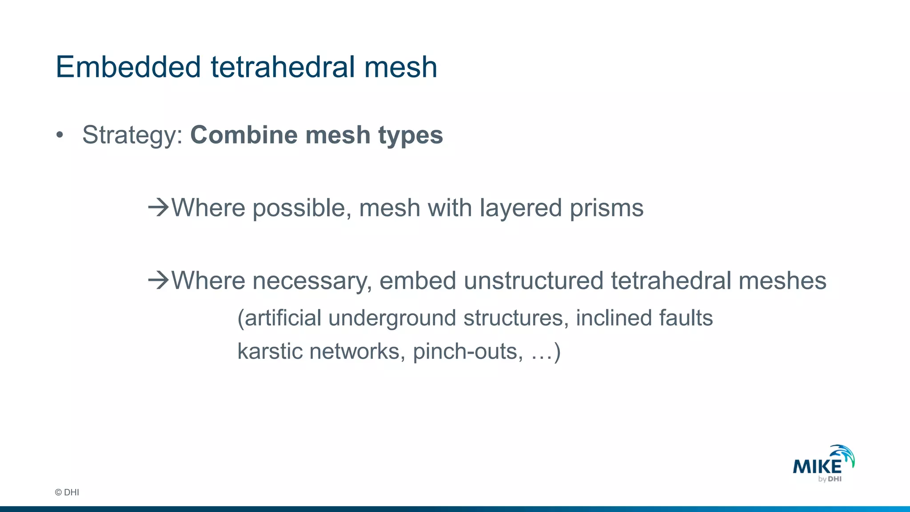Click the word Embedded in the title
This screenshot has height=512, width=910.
pos(128,67)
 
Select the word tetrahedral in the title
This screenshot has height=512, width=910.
pos(283,67)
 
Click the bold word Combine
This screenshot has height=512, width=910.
pos(243,135)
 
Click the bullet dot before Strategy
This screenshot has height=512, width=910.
pos(60,135)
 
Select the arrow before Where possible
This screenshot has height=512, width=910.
pos(159,207)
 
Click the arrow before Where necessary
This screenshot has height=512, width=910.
pos(159,280)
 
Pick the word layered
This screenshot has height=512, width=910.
pos(521,208)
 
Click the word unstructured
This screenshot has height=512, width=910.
pos(533,280)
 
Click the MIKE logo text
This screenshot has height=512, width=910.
pos(817,467)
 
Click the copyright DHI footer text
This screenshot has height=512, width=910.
pos(67,492)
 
